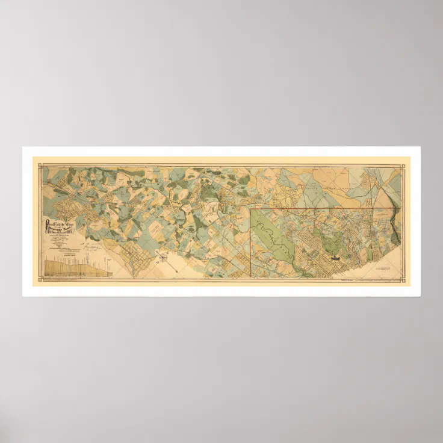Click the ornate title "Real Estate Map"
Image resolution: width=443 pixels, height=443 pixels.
(x=61, y=224)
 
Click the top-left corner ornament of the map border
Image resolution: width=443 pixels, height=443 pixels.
(x=43, y=167)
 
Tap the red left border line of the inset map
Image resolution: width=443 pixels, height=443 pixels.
(x=250, y=241)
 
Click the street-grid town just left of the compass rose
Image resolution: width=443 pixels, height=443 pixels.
(x=140, y=256)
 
